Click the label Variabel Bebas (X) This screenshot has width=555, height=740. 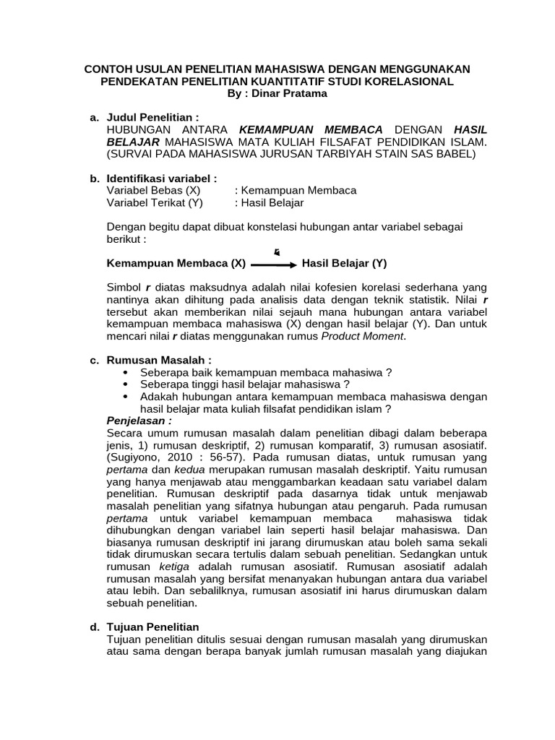click(x=153, y=190)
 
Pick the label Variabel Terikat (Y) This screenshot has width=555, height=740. click(x=155, y=202)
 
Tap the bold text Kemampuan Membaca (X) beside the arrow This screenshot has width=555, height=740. click(x=176, y=264)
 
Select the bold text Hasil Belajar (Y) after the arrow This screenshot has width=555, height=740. click(x=344, y=264)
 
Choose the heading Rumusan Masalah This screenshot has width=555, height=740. click(x=160, y=360)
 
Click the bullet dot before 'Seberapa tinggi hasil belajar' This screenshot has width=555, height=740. click(x=128, y=384)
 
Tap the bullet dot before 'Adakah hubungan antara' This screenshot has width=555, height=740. click(x=128, y=397)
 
